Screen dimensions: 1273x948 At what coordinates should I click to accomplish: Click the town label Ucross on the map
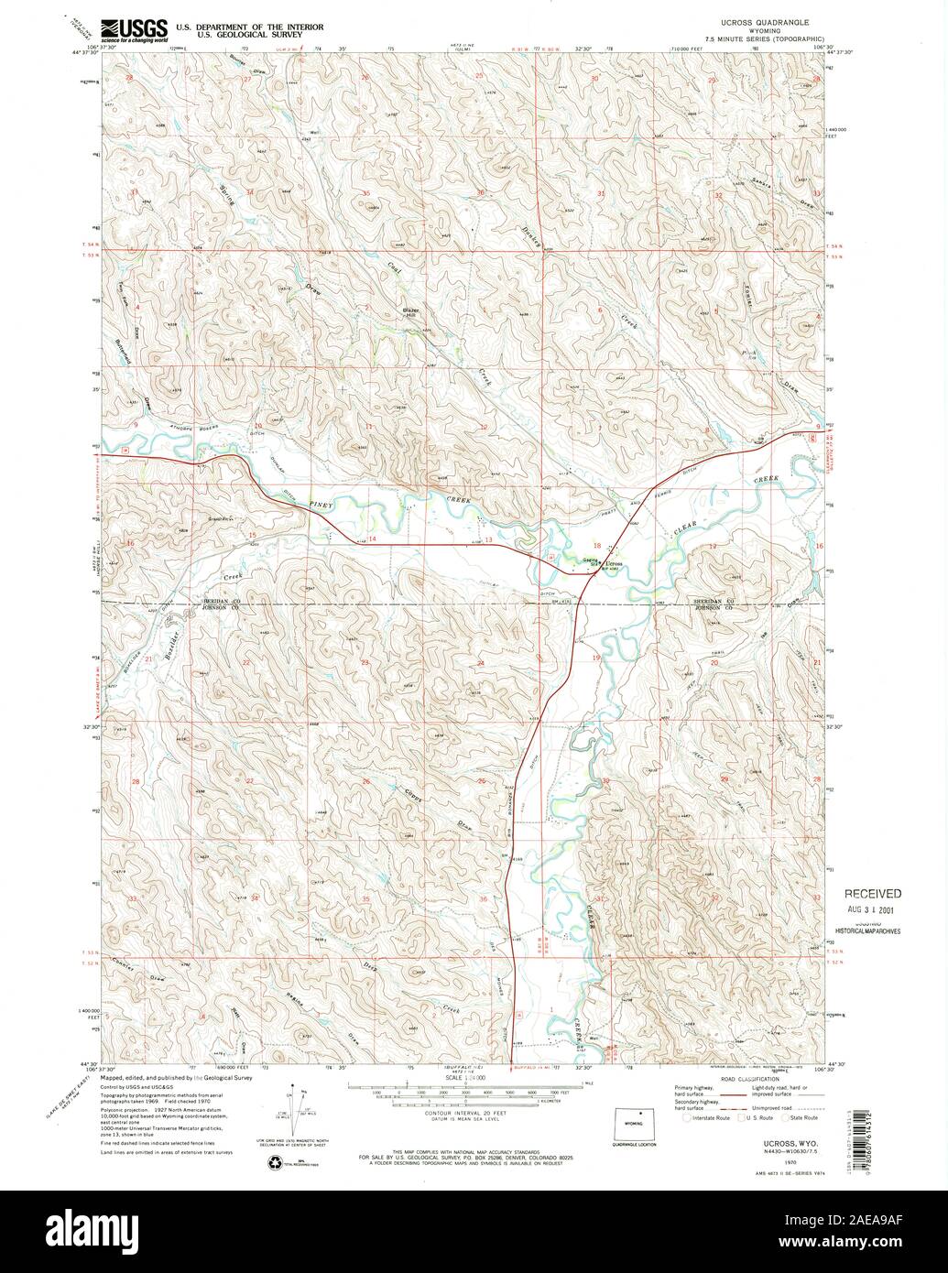coord(612,563)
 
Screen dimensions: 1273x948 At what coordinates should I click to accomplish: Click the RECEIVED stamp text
coord(872,894)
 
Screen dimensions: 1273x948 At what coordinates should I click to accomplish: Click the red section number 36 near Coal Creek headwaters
coord(480,193)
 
